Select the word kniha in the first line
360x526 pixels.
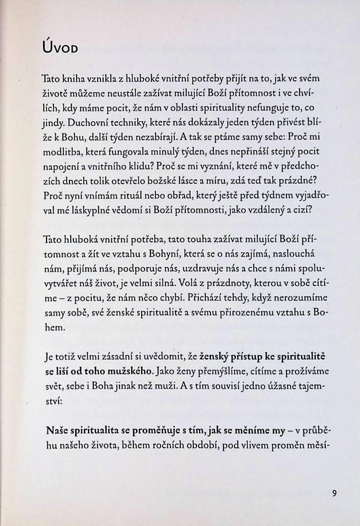[x=67, y=79]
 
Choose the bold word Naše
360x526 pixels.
[x=55, y=430]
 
